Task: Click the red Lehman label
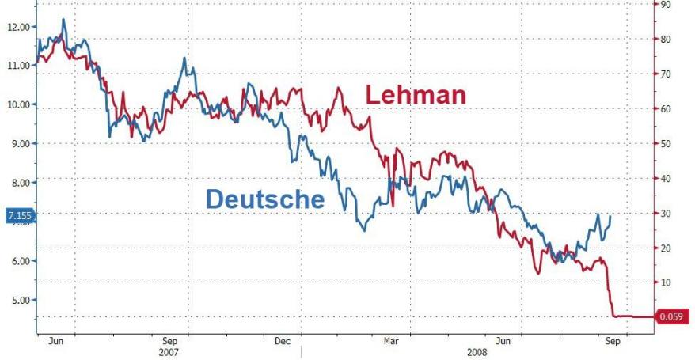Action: (x=416, y=96)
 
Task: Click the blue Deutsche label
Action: (x=265, y=199)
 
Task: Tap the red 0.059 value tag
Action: (x=672, y=317)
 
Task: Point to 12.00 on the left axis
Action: (x=17, y=27)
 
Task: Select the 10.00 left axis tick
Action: (x=17, y=104)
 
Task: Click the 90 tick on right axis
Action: (x=667, y=4)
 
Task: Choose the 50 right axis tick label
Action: (x=667, y=143)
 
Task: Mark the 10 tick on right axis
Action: (x=667, y=282)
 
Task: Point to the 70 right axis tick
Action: (x=667, y=74)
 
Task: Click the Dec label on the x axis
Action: (x=283, y=341)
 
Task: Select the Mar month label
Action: (x=390, y=341)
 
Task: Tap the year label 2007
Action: (x=170, y=351)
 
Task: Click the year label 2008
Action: (x=477, y=351)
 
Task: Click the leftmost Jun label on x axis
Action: (x=55, y=341)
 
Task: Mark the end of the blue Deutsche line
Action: (x=610, y=215)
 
